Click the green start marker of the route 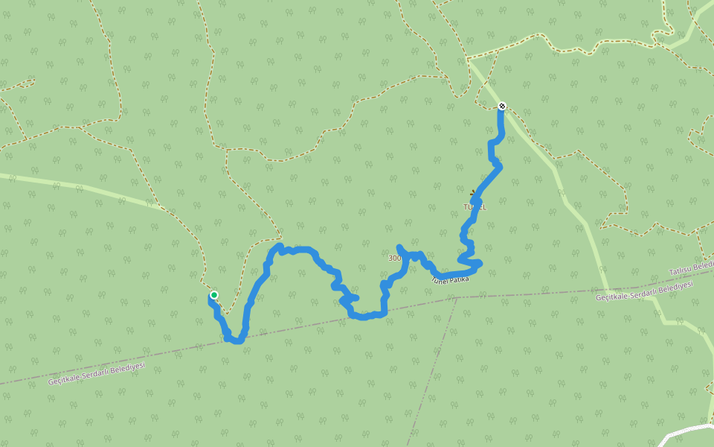(x=214, y=295)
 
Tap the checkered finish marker (x=502, y=106)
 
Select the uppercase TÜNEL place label (x=475, y=207)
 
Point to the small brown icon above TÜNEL (x=474, y=194)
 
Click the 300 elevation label (x=394, y=259)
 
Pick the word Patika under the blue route (x=459, y=276)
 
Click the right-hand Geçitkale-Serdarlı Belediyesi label (x=644, y=291)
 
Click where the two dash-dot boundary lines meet (x=457, y=297)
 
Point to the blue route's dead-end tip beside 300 (x=399, y=247)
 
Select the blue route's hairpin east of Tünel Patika (x=479, y=263)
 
